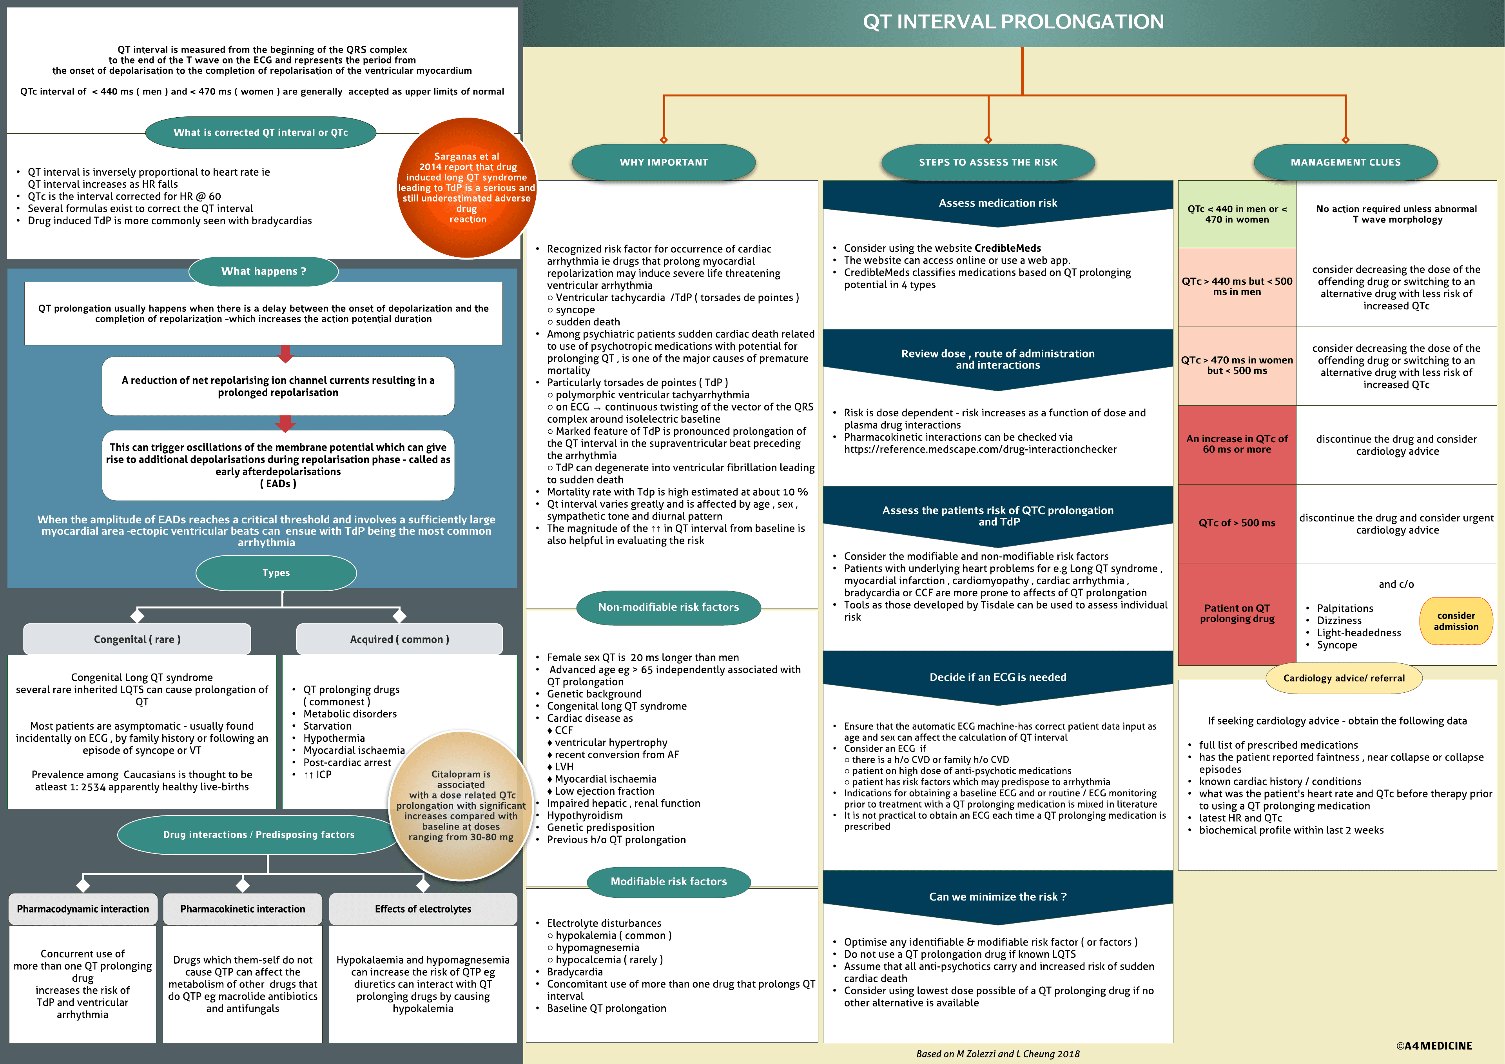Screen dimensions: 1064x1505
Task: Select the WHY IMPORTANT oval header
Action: (664, 162)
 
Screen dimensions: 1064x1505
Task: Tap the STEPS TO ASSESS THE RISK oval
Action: (988, 162)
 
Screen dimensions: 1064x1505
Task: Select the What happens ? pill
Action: (263, 271)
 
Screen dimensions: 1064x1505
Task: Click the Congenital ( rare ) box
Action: (137, 639)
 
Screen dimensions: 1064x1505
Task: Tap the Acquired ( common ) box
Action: (399, 639)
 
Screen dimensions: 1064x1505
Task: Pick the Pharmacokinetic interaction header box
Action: (243, 909)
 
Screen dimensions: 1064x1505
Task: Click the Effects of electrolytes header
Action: (423, 909)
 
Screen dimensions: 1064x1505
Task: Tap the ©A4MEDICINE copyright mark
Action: (1434, 1046)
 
